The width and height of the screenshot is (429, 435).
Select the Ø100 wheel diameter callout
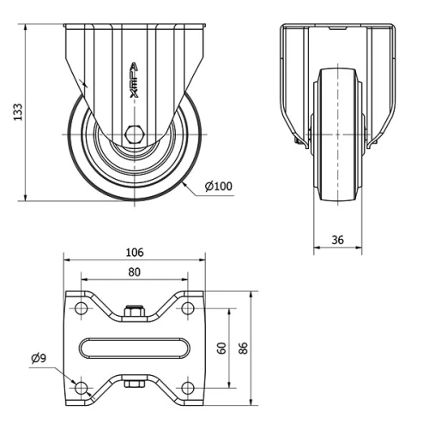(219, 186)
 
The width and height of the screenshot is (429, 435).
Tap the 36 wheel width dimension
(337, 241)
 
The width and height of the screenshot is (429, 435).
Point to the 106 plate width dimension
(135, 253)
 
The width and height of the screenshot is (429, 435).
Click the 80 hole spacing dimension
(135, 271)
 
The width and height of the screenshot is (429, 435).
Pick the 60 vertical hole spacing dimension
(222, 349)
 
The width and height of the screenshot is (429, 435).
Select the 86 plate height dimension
(243, 349)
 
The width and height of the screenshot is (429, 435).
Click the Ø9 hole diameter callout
(38, 358)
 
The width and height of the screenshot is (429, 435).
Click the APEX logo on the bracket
(133, 81)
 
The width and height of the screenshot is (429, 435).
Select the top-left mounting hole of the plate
(82, 309)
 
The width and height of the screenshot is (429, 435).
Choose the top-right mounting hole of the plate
(187, 309)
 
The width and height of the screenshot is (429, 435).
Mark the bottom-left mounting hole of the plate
(82, 388)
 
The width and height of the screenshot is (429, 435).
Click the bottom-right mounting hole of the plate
(187, 388)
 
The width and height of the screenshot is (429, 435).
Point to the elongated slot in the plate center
(135, 349)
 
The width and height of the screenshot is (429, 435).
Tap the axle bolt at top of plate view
(134, 312)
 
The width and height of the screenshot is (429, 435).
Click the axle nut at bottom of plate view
(134, 384)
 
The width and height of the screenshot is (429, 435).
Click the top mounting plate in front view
(338, 29)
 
